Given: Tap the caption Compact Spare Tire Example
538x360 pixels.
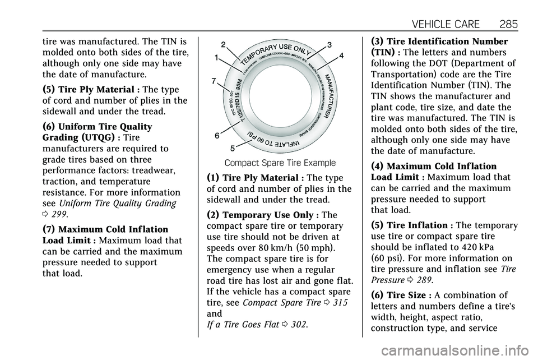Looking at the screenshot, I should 280,163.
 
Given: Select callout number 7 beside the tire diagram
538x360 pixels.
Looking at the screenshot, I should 214,81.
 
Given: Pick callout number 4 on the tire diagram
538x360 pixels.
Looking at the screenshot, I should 341,56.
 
